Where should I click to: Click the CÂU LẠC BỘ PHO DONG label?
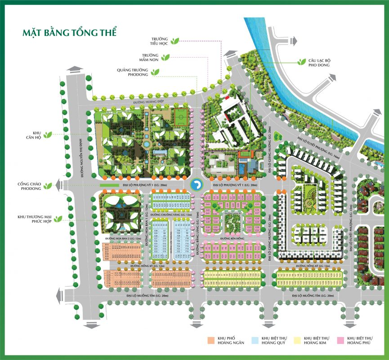[319, 63]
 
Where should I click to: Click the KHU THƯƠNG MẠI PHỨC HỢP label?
[33, 220]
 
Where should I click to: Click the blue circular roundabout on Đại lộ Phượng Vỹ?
[197, 184]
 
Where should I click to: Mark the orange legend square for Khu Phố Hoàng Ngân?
[210, 341]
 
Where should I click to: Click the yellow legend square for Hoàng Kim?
[297, 341]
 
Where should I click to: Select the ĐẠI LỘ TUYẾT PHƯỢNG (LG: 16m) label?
[321, 143]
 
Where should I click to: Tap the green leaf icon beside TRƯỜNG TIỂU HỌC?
[178, 40]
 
